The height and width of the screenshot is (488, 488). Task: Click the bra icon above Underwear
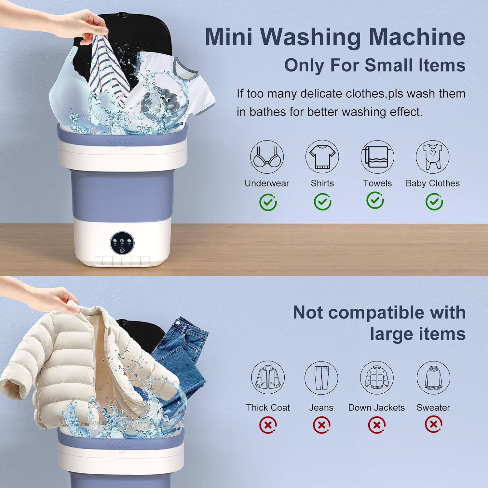(x=267, y=157)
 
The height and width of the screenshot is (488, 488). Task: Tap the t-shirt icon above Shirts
(x=322, y=157)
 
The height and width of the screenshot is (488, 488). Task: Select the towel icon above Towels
(x=377, y=157)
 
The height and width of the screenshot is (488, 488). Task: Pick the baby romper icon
(x=433, y=157)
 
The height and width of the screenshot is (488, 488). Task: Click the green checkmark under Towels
(x=375, y=200)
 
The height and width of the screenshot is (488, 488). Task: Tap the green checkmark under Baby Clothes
(x=434, y=202)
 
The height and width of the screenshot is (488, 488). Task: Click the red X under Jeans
(x=321, y=425)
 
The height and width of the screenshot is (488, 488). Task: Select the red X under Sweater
(x=433, y=424)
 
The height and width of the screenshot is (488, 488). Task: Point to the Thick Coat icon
(x=268, y=377)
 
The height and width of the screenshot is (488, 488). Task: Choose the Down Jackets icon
(x=377, y=377)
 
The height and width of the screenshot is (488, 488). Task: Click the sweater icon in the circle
(x=433, y=377)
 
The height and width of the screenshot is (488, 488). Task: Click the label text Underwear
(x=267, y=183)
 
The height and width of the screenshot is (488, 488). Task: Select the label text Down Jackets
(x=376, y=408)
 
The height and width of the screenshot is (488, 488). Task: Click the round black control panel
(x=122, y=243)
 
